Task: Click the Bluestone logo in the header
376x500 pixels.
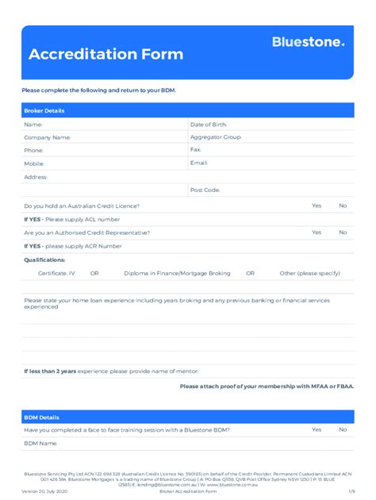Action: pyautogui.click(x=309, y=42)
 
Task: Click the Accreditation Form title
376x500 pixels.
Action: pyautogui.click(x=106, y=55)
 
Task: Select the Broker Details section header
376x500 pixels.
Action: pyautogui.click(x=44, y=110)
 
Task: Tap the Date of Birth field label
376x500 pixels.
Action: pyautogui.click(x=209, y=125)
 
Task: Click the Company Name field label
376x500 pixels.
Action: pyautogui.click(x=48, y=137)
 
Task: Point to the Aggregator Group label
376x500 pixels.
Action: pyautogui.click(x=216, y=137)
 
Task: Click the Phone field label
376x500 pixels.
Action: pyautogui.click(x=34, y=150)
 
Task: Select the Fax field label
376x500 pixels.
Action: pyautogui.click(x=196, y=149)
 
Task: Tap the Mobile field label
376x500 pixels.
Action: pyautogui.click(x=34, y=163)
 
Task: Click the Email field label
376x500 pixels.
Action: pyautogui.click(x=199, y=163)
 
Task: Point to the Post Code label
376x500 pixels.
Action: pyautogui.click(x=205, y=190)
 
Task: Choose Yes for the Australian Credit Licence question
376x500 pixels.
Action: pyautogui.click(x=317, y=206)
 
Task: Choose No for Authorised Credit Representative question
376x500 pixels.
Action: pyautogui.click(x=343, y=233)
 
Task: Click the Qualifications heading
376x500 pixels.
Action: pyautogui.click(x=44, y=260)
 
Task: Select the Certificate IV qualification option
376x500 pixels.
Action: pyautogui.click(x=56, y=273)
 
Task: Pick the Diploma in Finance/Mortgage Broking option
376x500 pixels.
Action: pyautogui.click(x=177, y=273)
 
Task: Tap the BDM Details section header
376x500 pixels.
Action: pyautogui.click(x=41, y=417)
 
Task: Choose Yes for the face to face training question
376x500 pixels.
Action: pyautogui.click(x=317, y=429)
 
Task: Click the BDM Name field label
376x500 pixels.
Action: pyautogui.click(x=41, y=443)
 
